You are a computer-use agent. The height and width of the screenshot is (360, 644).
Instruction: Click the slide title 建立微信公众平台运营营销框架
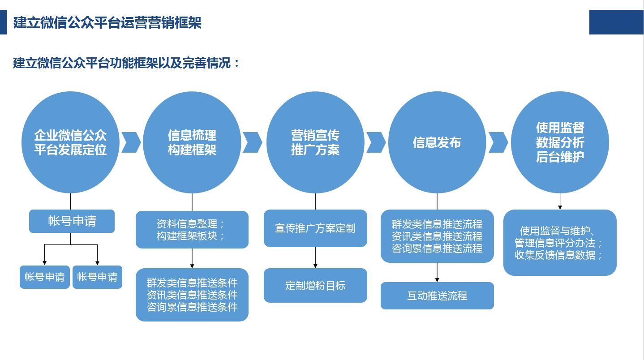107,22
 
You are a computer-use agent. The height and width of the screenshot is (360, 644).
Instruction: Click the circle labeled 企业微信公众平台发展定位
70,142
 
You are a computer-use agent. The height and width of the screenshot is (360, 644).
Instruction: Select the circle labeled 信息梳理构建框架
192,142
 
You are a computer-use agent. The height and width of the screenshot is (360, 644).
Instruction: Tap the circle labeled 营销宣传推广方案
315,142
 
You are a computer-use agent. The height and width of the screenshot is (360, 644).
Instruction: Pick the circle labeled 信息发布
437,142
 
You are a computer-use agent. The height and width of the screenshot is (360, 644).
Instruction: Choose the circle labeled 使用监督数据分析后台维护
560,142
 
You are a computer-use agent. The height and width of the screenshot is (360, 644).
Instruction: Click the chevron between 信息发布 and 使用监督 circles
498,142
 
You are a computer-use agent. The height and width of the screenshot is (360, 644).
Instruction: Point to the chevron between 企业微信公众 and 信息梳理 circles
131,142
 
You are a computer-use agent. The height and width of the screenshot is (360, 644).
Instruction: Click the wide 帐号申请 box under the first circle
72,221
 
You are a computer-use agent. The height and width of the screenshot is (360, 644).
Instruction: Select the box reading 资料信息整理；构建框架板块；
192,230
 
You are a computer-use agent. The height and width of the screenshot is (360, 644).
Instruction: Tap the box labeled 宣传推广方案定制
315,228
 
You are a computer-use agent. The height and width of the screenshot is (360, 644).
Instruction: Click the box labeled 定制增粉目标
315,286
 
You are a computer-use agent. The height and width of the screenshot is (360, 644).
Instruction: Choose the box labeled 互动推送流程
437,296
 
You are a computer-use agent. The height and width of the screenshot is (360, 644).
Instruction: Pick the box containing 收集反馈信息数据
560,243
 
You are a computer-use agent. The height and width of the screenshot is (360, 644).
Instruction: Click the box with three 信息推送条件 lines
192,295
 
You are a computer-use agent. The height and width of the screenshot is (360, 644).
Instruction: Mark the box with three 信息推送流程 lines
437,236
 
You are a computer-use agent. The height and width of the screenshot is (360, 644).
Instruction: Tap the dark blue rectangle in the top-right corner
616,22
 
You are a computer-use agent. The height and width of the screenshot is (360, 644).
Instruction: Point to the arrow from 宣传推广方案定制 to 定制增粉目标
315,257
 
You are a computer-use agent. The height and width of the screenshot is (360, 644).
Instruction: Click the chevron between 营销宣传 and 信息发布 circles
376,142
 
